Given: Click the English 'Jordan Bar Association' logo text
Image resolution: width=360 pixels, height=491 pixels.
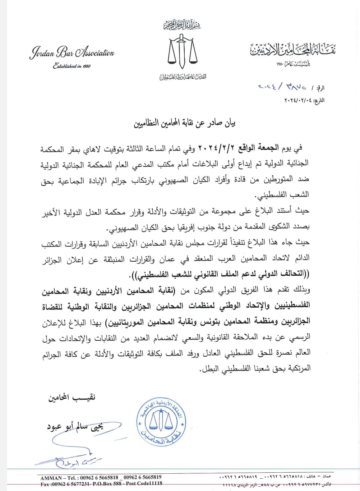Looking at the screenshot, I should click(x=71, y=53).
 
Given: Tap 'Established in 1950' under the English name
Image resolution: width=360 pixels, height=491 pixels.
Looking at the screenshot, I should click(x=71, y=66).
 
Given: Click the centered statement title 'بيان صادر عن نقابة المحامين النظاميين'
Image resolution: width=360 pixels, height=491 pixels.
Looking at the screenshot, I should click(x=185, y=124).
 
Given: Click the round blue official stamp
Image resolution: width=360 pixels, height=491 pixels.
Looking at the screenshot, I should click(x=161, y=422).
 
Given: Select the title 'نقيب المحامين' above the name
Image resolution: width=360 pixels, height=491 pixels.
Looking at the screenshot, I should click(x=72, y=398).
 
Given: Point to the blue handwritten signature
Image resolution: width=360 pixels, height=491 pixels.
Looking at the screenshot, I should click(x=68, y=460).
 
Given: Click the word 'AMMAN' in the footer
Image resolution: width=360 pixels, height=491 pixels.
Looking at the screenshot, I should click(x=52, y=478).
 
